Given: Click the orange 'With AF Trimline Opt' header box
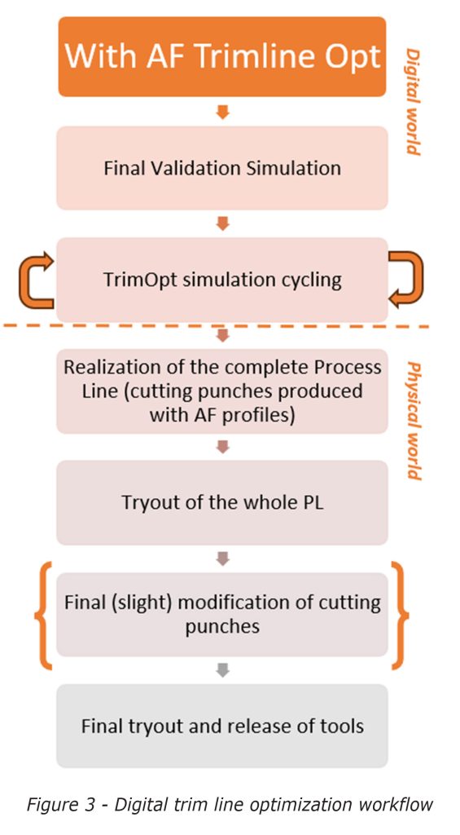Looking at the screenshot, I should pyautogui.click(x=221, y=57).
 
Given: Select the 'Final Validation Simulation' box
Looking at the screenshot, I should pyautogui.click(x=221, y=168).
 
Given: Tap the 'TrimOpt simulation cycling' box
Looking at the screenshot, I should pyautogui.click(x=221, y=280).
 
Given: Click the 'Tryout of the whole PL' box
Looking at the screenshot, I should pyautogui.click(x=221, y=502).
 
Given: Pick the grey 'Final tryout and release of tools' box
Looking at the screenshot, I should pyautogui.click(x=221, y=725).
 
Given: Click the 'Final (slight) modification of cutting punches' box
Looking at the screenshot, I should pyautogui.click(x=221, y=614).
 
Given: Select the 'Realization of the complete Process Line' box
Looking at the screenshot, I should pyautogui.click(x=221, y=391).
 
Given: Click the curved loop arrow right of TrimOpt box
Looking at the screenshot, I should pyautogui.click(x=407, y=279).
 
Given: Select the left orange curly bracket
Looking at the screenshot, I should pyautogui.click(x=42, y=615).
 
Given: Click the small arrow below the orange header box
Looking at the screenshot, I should pyautogui.click(x=222, y=112).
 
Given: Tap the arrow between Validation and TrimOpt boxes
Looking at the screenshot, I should pyautogui.click(x=222, y=223).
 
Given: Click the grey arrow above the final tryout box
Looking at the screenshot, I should pyautogui.click(x=222, y=669).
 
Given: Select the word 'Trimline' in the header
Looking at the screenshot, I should pyautogui.click(x=248, y=57).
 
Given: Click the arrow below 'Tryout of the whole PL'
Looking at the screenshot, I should pyautogui.click(x=222, y=559).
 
